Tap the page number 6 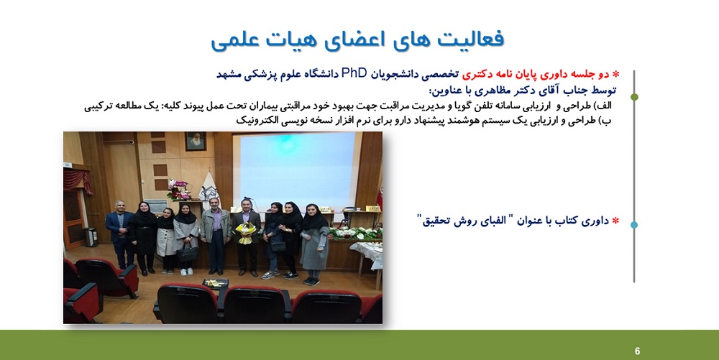637,351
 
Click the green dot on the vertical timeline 634,97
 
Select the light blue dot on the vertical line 634,225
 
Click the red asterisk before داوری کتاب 615,221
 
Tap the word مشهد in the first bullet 229,74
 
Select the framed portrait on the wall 196,142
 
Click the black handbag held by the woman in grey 187,253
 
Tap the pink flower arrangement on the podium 179,189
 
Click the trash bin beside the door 91,237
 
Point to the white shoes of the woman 187,272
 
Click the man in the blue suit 119,234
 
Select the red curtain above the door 77,179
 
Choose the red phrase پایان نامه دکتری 490,74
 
